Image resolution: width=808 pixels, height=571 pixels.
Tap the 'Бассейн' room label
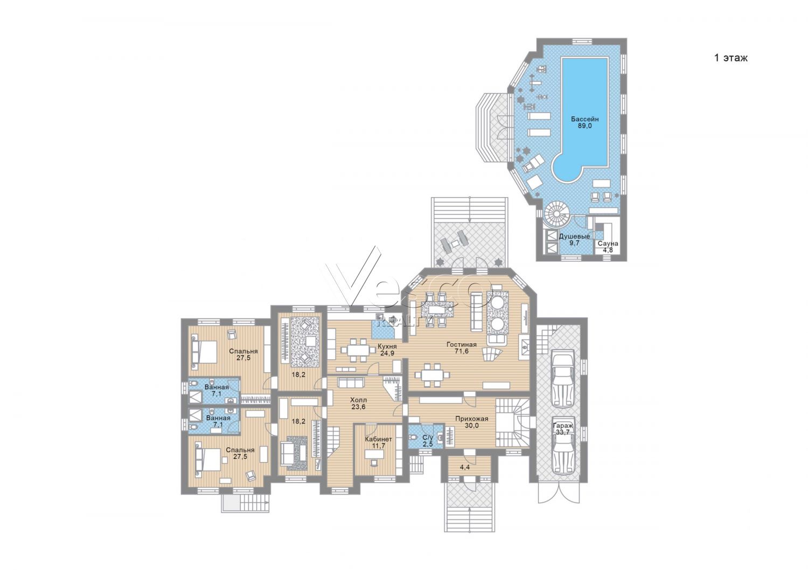[x=584, y=119]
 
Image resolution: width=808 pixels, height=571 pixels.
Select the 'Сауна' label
[x=608, y=243]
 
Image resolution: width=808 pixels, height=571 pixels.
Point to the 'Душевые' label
[x=575, y=236]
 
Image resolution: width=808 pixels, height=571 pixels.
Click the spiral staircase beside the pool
[x=558, y=214]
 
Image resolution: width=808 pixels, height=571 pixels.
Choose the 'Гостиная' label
[x=461, y=344]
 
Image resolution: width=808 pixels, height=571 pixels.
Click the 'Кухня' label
[x=387, y=346]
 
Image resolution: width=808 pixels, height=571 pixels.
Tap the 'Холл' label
[x=359, y=400]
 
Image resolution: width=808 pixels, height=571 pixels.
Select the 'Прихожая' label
[x=471, y=419]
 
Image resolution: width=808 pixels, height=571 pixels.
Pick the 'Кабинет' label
[x=378, y=439]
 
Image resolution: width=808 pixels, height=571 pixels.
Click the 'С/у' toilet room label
[x=428, y=437]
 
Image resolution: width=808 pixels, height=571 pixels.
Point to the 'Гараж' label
[x=563, y=426]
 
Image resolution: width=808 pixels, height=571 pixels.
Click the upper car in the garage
[x=562, y=380]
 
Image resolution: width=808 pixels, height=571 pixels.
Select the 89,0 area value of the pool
[x=584, y=126]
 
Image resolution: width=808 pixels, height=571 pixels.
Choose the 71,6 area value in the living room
[x=461, y=351]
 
